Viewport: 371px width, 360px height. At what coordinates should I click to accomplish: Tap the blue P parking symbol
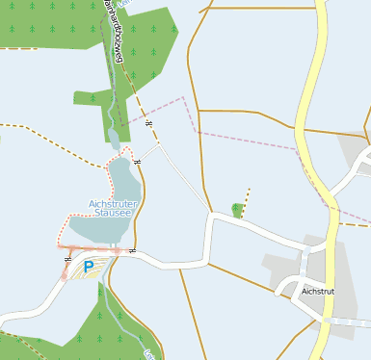pyautogui.click(x=89, y=266)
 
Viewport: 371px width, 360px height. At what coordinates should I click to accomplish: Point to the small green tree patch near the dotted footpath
pyautogui.click(x=238, y=209)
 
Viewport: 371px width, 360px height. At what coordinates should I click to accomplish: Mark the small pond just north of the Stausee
pyautogui.click(x=116, y=139)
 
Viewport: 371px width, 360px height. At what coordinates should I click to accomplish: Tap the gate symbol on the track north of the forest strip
pyautogui.click(x=148, y=123)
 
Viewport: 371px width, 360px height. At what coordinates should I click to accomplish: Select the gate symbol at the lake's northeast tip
pyautogui.click(x=138, y=160)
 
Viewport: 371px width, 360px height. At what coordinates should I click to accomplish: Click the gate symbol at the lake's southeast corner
pyautogui.click(x=131, y=252)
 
